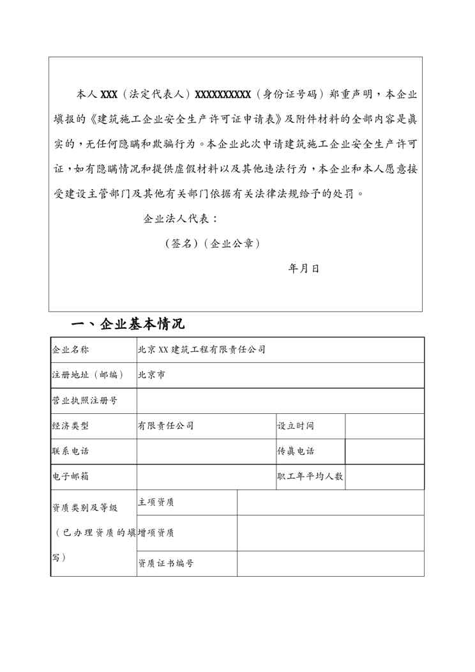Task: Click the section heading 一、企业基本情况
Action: (x=128, y=325)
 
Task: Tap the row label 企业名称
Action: (x=70, y=349)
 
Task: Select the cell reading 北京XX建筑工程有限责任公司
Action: (x=201, y=349)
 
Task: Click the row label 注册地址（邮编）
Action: (x=87, y=375)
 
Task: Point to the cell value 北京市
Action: (x=151, y=375)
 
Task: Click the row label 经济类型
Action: (x=70, y=426)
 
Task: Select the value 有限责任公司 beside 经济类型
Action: (x=165, y=426)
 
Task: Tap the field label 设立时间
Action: (x=295, y=426)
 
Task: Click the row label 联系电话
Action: (x=70, y=451)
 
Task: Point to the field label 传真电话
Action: (x=295, y=451)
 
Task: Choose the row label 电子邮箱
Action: (x=70, y=477)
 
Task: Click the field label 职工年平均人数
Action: (x=310, y=477)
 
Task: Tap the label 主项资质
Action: (x=156, y=503)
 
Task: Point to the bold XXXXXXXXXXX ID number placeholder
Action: (x=222, y=95)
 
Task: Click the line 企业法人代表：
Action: (x=181, y=218)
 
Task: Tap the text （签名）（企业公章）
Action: (x=212, y=243)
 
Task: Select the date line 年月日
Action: (x=304, y=268)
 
